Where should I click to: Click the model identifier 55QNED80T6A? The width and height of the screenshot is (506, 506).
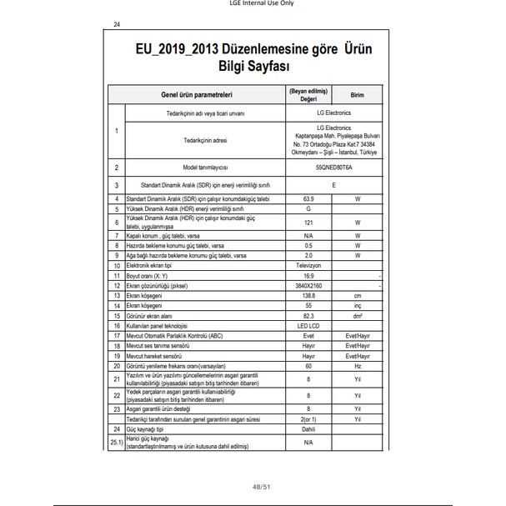pyautogui.click(x=310, y=168)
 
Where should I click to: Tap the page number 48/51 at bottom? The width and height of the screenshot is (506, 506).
pyautogui.click(x=253, y=486)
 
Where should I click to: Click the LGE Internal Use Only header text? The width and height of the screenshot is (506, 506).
pyautogui.click(x=253, y=4)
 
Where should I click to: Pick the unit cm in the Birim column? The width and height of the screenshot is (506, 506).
pyautogui.click(x=358, y=296)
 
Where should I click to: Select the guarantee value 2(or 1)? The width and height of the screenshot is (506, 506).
pyautogui.click(x=310, y=419)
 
